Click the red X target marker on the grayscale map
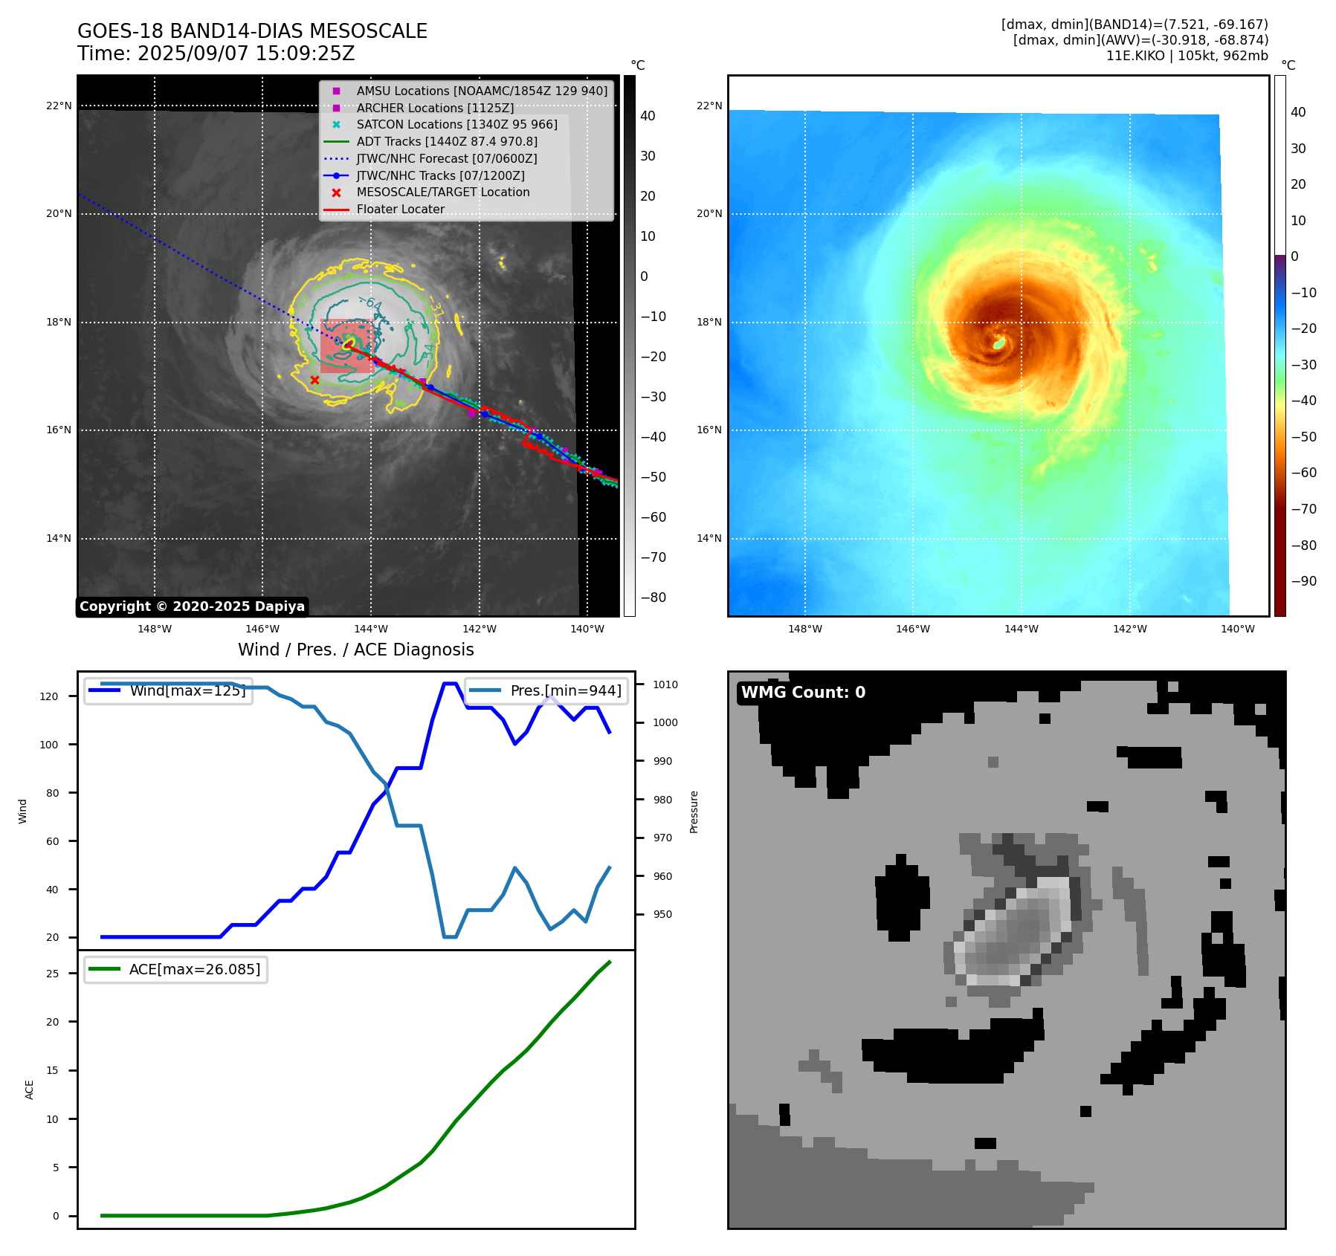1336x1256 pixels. pyautogui.click(x=314, y=380)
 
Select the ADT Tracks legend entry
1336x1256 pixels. pyautogui.click(x=446, y=141)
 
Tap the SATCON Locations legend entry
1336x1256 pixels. pyautogui.click(x=456, y=124)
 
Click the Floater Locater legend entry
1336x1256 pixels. pyautogui.click(x=400, y=209)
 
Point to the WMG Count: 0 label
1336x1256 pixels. pyautogui.click(x=803, y=693)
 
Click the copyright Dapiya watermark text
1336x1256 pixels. pyautogui.click(x=192, y=606)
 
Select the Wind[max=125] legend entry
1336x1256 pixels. pyautogui.click(x=187, y=690)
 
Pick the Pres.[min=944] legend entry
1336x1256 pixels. pyautogui.click(x=565, y=690)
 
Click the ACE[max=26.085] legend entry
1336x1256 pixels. pyautogui.click(x=194, y=969)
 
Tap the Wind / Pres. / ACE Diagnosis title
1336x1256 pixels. pyautogui.click(x=355, y=650)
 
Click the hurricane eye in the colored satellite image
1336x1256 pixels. pyautogui.click(x=999, y=343)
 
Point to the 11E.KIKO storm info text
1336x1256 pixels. pyautogui.click(x=1187, y=56)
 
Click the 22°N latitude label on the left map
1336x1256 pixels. pyautogui.click(x=59, y=106)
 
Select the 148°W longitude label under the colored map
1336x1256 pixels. pyautogui.click(x=804, y=629)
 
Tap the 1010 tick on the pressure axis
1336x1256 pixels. pyautogui.click(x=665, y=684)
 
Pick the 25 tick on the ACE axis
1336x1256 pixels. pyautogui.click(x=52, y=974)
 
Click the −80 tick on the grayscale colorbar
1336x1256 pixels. pyautogui.click(x=654, y=598)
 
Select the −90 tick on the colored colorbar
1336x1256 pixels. pyautogui.click(x=1303, y=581)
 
